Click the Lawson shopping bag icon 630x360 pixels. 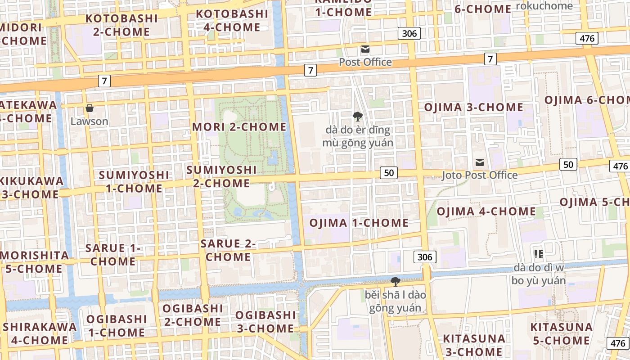click(90, 108)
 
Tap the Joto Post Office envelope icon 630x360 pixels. click(480, 162)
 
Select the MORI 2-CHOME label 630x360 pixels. click(239, 127)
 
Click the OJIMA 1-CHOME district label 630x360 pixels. click(359, 223)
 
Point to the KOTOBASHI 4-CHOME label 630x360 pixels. click(232, 20)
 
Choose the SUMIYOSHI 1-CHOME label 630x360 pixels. click(134, 181)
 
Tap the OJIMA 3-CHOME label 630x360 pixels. click(473, 107)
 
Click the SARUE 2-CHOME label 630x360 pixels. click(228, 250)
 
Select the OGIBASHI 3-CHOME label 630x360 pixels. click(265, 322)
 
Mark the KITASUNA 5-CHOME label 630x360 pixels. click(561, 333)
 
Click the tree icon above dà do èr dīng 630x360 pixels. click(358, 117)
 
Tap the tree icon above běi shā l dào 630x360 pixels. click(396, 282)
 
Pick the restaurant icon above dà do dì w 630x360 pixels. click(538, 254)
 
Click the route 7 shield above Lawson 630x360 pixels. click(104, 81)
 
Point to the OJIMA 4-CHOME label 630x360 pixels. click(486, 211)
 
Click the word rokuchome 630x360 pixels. click(544, 6)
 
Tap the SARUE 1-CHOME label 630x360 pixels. click(113, 255)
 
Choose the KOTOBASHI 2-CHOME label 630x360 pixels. click(121, 25)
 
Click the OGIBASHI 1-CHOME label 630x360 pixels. click(117, 326)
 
